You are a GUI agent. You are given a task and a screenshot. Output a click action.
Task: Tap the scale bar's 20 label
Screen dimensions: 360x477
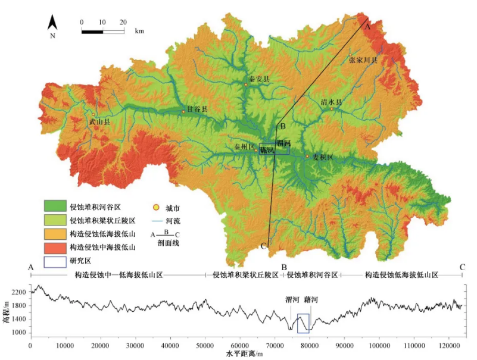click(123, 22)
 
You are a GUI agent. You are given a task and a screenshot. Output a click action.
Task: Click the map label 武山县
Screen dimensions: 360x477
click(99, 121)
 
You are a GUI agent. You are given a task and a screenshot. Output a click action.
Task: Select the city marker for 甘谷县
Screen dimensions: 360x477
click(183, 111)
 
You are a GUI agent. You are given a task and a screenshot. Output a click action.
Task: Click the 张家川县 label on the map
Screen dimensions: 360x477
click(363, 60)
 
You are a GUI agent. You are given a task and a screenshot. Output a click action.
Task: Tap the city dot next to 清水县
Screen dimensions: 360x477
click(332, 109)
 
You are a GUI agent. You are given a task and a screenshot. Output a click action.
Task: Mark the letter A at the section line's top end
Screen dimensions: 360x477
click(367, 26)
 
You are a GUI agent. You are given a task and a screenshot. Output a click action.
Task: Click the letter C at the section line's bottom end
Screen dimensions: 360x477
click(263, 246)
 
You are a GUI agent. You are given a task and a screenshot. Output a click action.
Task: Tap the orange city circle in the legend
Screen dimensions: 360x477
click(156, 208)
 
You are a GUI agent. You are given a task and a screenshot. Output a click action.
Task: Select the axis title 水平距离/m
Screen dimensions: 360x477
click(244, 354)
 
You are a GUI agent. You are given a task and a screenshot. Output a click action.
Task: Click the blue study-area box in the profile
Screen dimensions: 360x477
click(303, 323)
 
